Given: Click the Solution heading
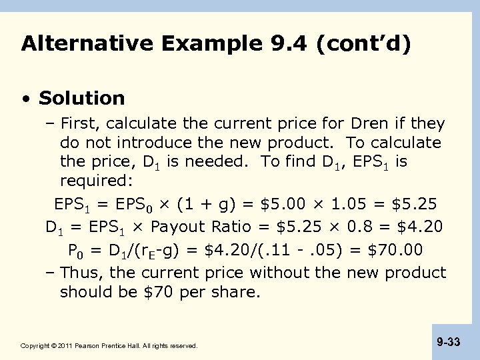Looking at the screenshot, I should point(82,99).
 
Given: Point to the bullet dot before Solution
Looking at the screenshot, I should point(25,99).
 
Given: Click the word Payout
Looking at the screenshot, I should point(176,226).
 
